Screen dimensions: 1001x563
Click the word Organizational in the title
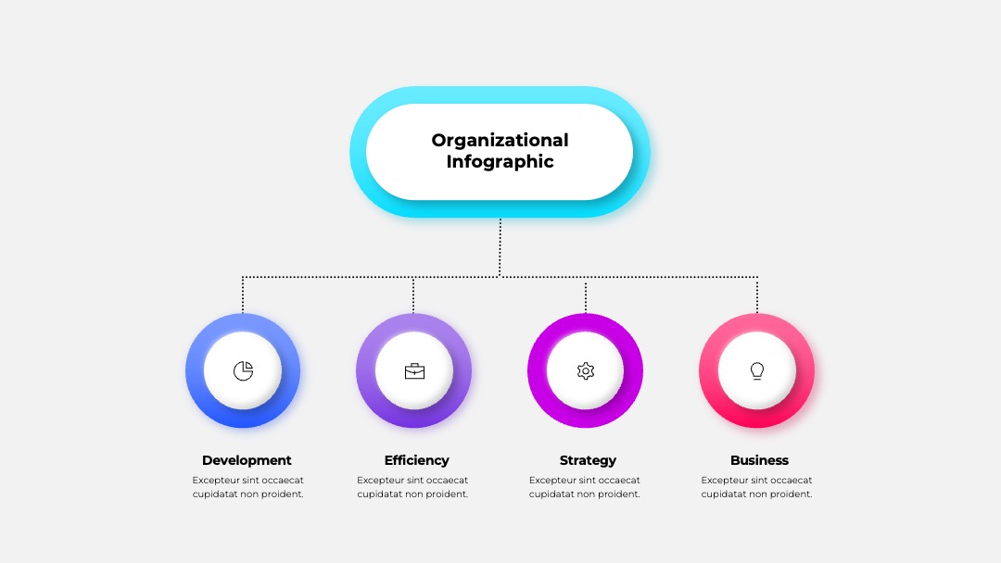coord(500,140)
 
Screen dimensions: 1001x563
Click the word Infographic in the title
coord(500,162)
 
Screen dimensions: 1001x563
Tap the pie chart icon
coord(243,370)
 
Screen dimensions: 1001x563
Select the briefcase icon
coord(414,370)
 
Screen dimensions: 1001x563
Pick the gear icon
coord(586,370)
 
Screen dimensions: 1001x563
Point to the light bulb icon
coord(757,370)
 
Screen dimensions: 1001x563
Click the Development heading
coord(247,460)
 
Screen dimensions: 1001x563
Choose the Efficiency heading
coord(417,460)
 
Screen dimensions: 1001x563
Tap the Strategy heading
coord(588,460)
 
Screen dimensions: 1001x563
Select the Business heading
coord(759,460)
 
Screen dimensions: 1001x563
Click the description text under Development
coord(247,487)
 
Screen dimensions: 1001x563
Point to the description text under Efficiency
coord(412,487)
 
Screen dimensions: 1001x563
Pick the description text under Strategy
coord(584,487)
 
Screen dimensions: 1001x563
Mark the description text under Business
coord(756,487)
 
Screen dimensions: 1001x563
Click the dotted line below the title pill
coord(500,247)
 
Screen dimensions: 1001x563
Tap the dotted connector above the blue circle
coord(243,294)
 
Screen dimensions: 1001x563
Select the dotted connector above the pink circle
coord(757,294)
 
